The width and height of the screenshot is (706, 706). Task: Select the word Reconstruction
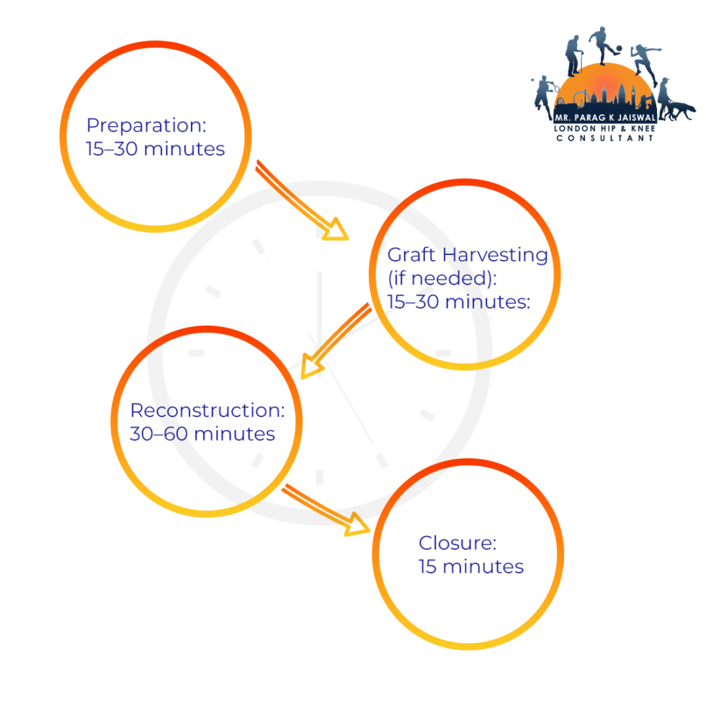207,411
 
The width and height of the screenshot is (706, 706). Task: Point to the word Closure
457,543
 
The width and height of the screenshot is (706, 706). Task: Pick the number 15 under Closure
428,567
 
